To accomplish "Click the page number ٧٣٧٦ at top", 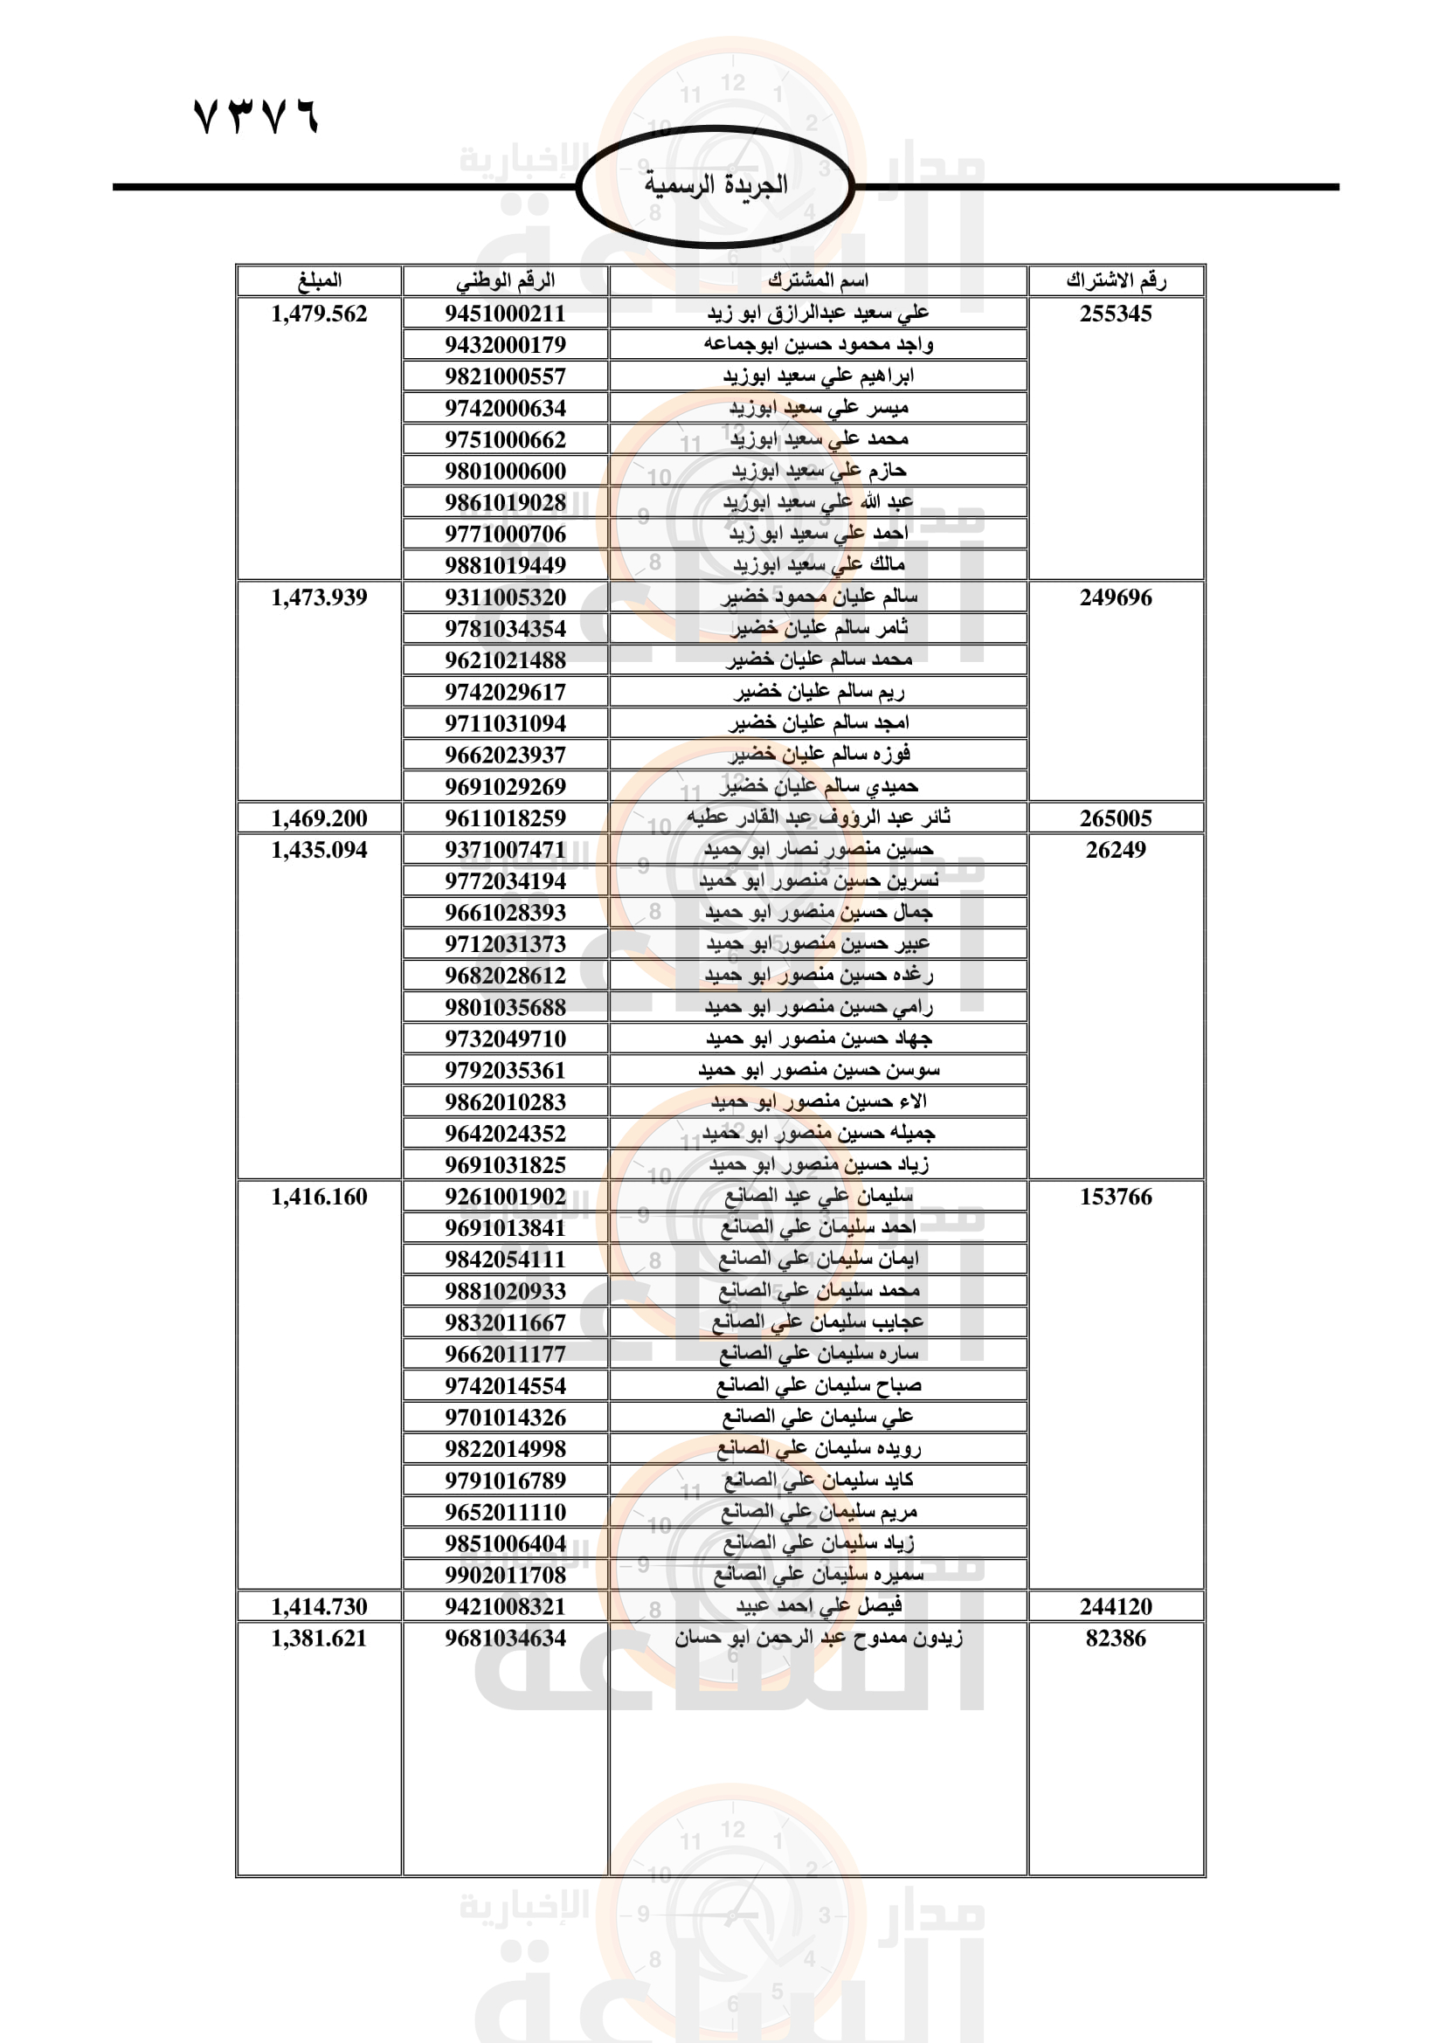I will click(x=256, y=116).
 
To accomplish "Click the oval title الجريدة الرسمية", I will click(x=716, y=185).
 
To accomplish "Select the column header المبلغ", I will click(x=319, y=280).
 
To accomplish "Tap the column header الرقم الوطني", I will click(x=505, y=280).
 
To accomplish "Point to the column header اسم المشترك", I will click(x=818, y=280).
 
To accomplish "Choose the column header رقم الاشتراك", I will click(x=1116, y=280).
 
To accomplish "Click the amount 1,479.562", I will click(x=319, y=314).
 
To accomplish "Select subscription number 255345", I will click(x=1116, y=314).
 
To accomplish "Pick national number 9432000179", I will click(x=505, y=344).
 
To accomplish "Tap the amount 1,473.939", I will click(x=319, y=597).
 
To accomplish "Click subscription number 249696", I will click(x=1116, y=597).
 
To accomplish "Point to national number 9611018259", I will click(x=505, y=818).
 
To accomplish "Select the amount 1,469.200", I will click(x=319, y=818).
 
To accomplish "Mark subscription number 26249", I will click(x=1116, y=850).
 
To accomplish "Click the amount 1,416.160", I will click(x=319, y=1197).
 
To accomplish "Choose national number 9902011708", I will click(x=505, y=1575).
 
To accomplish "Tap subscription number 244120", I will click(x=1116, y=1606).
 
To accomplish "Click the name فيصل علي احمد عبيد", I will click(x=818, y=1606).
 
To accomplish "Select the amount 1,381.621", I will click(x=319, y=1638).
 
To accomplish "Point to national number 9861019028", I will click(x=505, y=503).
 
